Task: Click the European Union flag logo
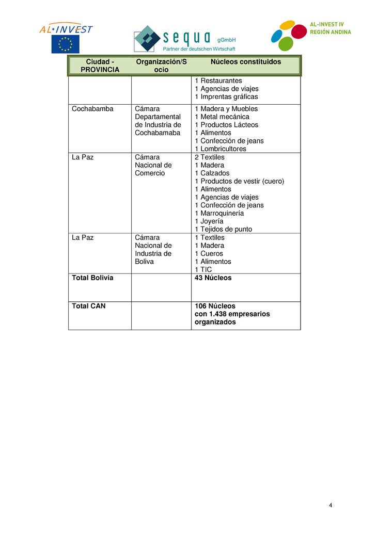[65, 44]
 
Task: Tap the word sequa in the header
[186, 37]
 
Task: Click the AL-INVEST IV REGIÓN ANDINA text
[330, 28]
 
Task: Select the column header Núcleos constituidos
[246, 62]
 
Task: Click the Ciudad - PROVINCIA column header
[100, 66]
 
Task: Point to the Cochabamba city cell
[92, 109]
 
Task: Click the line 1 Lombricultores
[221, 149]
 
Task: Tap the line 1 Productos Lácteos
[226, 125]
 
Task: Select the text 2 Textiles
[210, 157]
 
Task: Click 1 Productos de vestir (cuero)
[239, 181]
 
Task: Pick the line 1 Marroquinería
[219, 213]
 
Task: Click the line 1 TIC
[203, 269]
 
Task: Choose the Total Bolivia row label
[92, 278]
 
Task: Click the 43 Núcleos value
[213, 278]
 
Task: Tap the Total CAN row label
[88, 306]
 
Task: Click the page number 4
[331, 505]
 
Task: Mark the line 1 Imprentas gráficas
[226, 97]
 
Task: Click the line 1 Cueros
[209, 253]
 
